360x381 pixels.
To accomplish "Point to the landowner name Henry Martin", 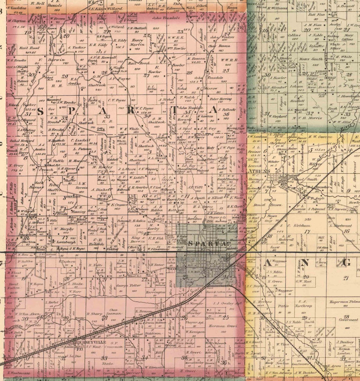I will (x=138, y=43).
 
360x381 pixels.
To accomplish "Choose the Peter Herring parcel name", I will (x=221, y=99).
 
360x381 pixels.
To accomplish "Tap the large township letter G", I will (x=347, y=262).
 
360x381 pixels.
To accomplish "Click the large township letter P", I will (x=72, y=111).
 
